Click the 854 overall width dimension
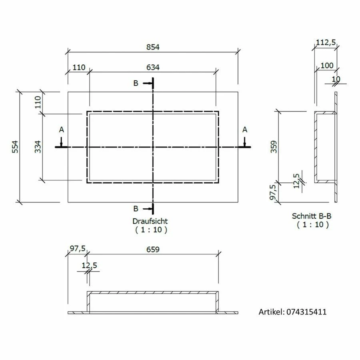tap(153, 47)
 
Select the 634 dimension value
tap(153, 67)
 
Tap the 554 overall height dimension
tap(15, 147)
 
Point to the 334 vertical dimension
tap(38, 147)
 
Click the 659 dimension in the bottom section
tap(153, 249)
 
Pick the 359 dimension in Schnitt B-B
tap(274, 147)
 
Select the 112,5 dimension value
tap(326, 42)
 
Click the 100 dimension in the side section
tap(327, 66)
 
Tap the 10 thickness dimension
tap(336, 79)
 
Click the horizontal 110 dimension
tap(79, 67)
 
